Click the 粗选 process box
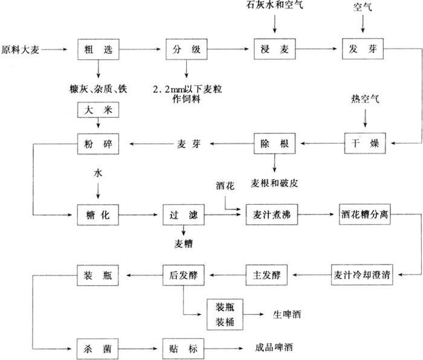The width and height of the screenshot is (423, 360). pos(96,49)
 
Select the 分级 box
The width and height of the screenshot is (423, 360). pos(183,49)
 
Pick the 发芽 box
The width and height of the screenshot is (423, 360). pos(363,49)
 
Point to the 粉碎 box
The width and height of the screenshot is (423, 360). pos(96,144)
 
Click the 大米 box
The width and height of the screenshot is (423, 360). pos(96,111)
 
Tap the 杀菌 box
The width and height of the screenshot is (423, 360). pos(96,349)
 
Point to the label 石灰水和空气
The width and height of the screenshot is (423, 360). pos(275,7)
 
